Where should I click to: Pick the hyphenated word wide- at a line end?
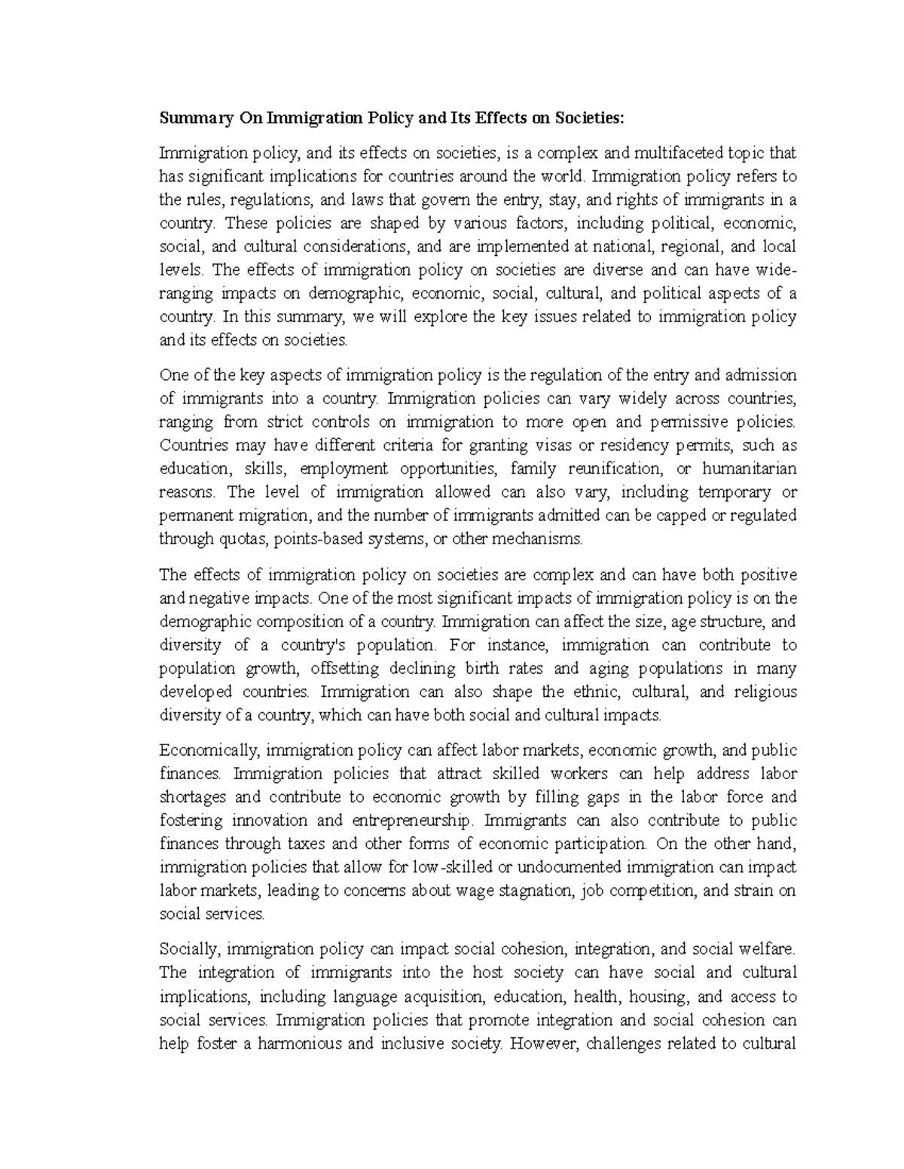coord(776,270)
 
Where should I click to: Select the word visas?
coord(576,446)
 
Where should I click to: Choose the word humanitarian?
coord(749,469)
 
